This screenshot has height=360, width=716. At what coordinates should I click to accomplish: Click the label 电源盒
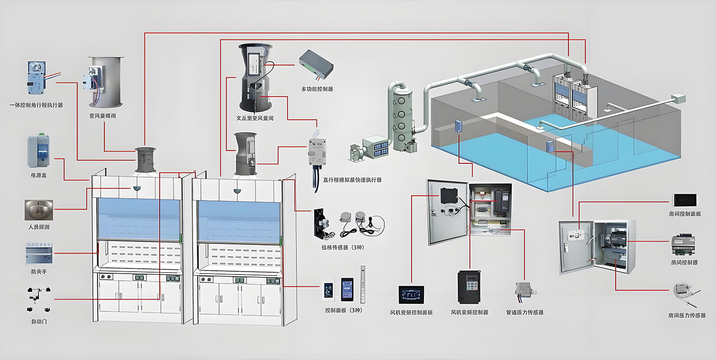(38, 176)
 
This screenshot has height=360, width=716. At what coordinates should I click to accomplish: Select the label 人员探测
(38, 227)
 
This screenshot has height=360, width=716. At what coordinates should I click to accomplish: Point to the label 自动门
(38, 321)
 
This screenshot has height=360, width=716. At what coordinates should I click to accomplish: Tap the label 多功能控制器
(317, 89)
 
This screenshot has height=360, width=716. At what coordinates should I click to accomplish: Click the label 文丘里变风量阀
(255, 118)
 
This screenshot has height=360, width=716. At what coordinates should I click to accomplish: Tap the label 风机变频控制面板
(411, 313)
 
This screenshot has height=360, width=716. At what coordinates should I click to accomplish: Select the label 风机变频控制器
(470, 313)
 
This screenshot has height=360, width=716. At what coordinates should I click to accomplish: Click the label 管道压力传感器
(525, 313)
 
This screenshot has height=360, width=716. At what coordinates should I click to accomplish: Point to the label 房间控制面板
(685, 214)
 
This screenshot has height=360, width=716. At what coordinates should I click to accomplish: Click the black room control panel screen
(685, 200)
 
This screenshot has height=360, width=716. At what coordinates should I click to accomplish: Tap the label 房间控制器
(684, 263)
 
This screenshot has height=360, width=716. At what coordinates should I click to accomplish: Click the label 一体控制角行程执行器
(36, 105)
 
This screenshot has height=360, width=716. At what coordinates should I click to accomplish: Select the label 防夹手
(38, 272)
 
